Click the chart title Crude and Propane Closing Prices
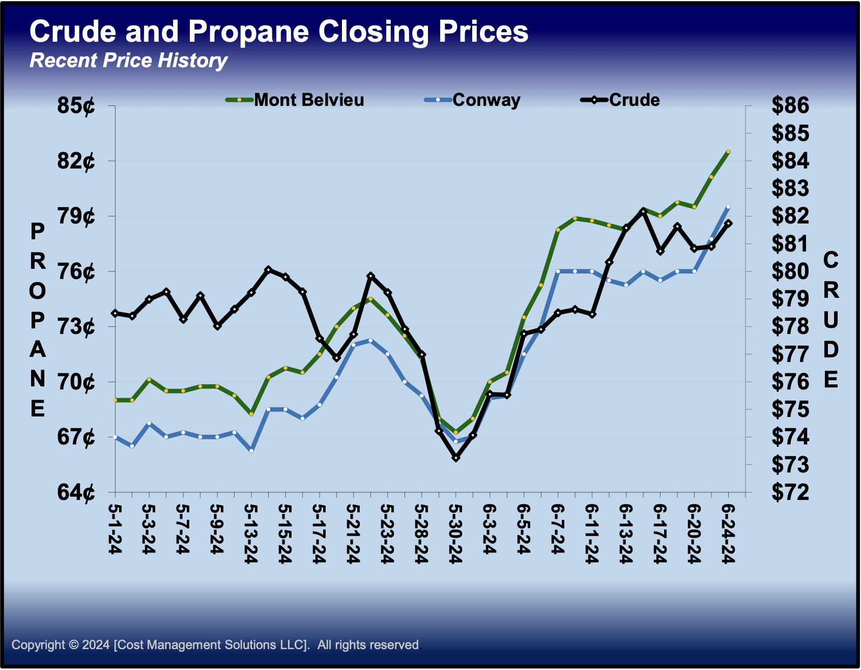click(x=279, y=32)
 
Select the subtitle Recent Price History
click(x=128, y=61)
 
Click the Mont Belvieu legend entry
click(x=308, y=100)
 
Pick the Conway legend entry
click(x=486, y=100)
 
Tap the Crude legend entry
click(x=634, y=100)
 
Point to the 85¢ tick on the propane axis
click(x=76, y=106)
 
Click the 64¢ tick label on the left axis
click(x=76, y=492)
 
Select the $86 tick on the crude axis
click(x=790, y=106)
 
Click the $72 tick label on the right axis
click(x=790, y=492)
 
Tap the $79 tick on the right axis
click(x=790, y=299)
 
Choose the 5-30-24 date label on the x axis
click(x=456, y=534)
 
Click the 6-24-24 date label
click(x=728, y=534)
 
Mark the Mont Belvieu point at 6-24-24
click(x=728, y=152)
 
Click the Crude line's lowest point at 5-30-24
click(x=456, y=458)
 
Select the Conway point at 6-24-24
click(x=728, y=207)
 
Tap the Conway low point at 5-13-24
click(x=251, y=451)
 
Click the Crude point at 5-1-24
click(x=116, y=313)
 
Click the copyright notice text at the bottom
click(x=216, y=645)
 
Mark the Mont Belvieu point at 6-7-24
click(x=558, y=230)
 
